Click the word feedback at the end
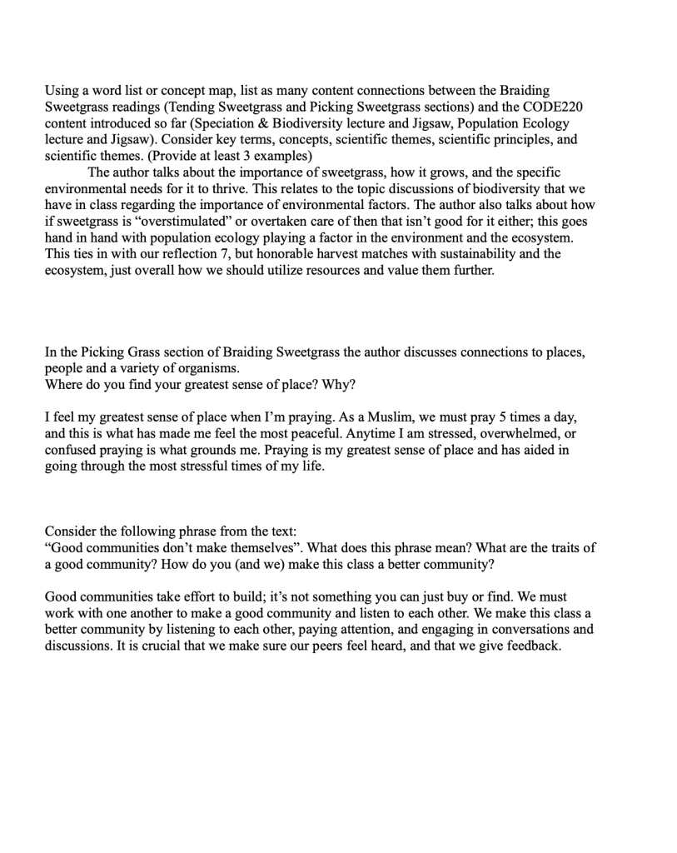(527, 645)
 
